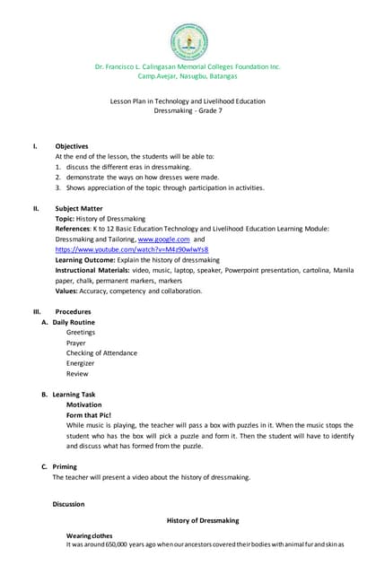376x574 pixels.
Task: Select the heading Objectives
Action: tap(72, 145)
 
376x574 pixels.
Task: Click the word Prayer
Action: tap(78, 343)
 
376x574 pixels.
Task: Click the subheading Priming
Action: tap(65, 466)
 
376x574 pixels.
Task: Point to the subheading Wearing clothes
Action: tap(90, 535)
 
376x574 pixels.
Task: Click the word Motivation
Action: tap(84, 404)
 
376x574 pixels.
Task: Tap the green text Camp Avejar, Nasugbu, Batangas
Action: tap(188, 77)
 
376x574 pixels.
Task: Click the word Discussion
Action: tap(68, 504)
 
